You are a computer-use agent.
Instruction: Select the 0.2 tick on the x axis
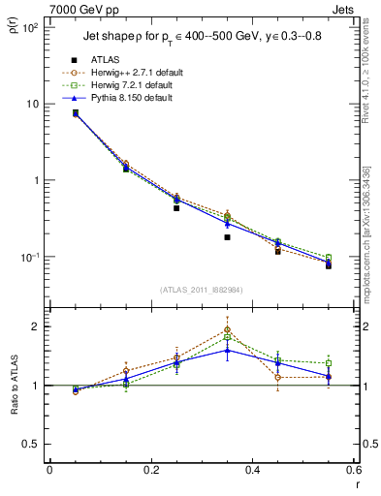pos(150,471)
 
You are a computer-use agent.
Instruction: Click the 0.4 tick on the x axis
pos(252,471)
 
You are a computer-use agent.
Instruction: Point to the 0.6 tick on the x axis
pos(354,471)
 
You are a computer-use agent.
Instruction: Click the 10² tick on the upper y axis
pos(29,28)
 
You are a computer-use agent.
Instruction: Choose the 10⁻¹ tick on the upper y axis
pos(29,257)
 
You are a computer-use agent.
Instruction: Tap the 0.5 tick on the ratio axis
pos(32,444)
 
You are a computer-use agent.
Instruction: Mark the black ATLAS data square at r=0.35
pos(227,237)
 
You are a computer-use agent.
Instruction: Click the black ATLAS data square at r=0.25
pos(176,208)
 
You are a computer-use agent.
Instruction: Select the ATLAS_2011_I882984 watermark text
pos(201,289)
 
